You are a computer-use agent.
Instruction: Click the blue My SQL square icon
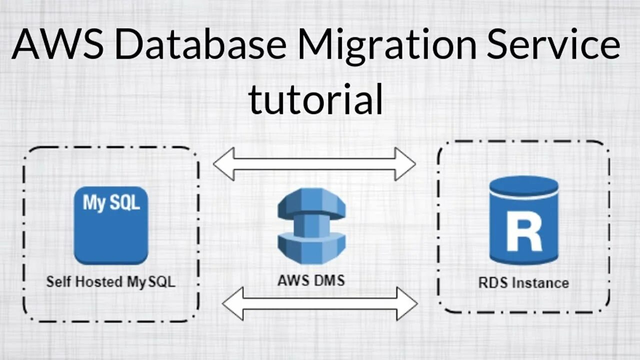pos(111,225)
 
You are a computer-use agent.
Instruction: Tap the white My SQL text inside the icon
pos(111,203)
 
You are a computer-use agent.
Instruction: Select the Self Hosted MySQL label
pos(111,281)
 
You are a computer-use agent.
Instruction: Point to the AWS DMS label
pos(311,280)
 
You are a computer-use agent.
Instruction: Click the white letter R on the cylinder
pos(523,231)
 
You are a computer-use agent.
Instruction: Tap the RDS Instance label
pos(523,282)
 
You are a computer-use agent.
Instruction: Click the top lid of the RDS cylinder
pos(523,186)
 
